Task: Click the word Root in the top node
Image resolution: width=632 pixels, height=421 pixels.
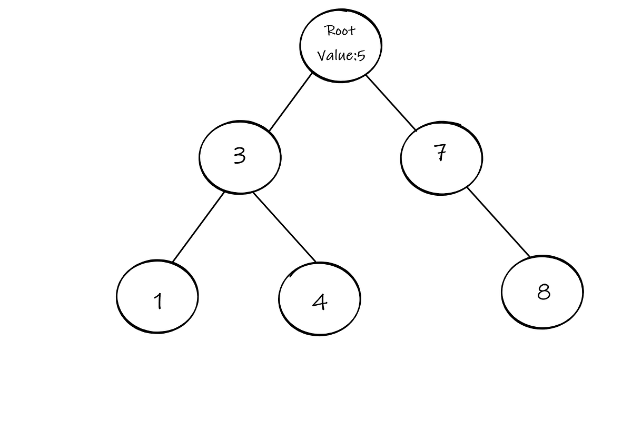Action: click(341, 31)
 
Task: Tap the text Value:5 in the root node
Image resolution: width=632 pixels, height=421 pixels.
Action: click(341, 55)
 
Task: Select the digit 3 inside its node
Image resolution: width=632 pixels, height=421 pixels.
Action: click(240, 156)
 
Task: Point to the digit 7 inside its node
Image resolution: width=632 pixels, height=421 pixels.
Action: click(441, 153)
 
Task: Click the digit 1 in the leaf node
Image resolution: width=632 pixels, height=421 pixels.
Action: click(157, 302)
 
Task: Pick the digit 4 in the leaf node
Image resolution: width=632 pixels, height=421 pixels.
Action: click(320, 302)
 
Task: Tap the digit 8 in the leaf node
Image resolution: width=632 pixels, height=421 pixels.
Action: click(544, 291)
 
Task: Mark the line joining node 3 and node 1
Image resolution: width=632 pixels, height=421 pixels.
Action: click(198, 227)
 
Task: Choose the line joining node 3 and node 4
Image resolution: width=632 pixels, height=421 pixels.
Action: click(284, 227)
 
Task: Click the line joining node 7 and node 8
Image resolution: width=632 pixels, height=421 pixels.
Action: click(498, 222)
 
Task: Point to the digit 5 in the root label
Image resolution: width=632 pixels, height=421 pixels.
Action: click(361, 55)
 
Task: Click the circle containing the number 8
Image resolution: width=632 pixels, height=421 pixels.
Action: click(561, 310)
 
